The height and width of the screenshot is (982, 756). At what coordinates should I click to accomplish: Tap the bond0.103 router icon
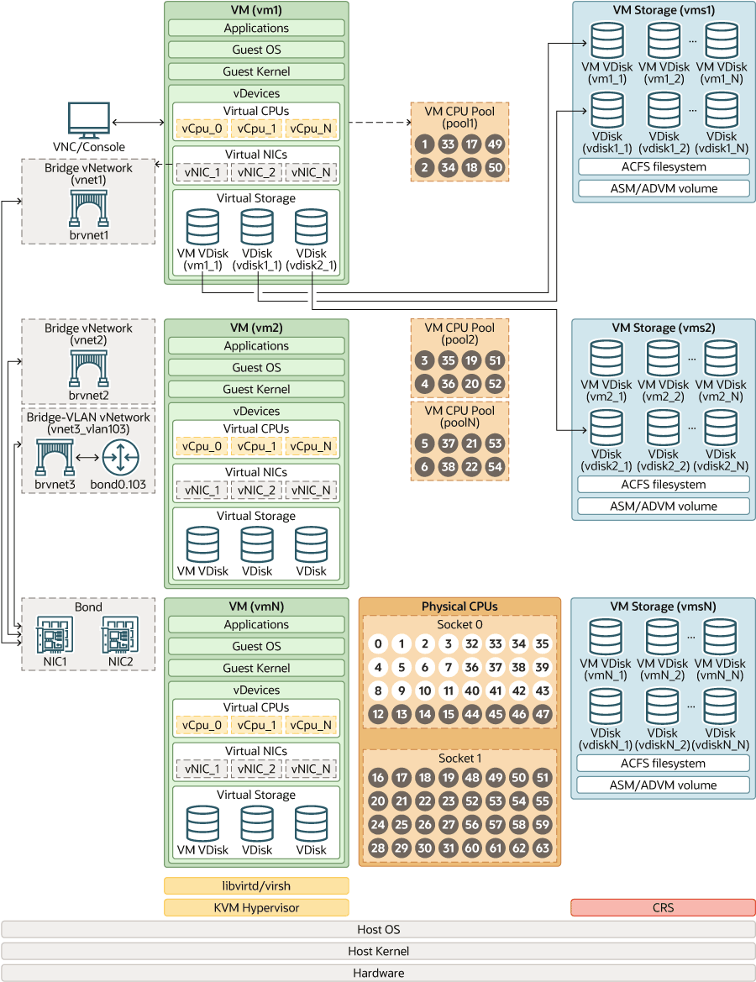point(122,458)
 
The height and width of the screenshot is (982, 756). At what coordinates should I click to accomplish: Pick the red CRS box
point(663,907)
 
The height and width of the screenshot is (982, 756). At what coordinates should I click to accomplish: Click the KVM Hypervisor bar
point(256,907)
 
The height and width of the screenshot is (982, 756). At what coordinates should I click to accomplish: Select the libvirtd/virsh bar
point(256,885)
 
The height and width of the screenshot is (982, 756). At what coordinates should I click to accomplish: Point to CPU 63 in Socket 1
point(543,848)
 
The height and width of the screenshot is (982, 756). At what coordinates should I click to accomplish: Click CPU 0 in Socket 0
point(379,644)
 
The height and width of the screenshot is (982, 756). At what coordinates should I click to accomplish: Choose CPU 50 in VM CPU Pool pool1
point(495,167)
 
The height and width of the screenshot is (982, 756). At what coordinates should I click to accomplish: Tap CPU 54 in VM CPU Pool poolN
point(495,466)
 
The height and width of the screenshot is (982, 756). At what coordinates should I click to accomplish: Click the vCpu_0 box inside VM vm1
point(202,129)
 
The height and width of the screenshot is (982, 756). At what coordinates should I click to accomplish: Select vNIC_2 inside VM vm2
point(256,490)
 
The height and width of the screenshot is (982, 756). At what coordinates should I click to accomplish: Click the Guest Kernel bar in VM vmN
point(256,668)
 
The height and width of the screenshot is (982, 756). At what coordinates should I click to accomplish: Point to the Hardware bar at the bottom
point(378,973)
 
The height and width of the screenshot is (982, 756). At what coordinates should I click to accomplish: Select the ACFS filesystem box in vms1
point(663,166)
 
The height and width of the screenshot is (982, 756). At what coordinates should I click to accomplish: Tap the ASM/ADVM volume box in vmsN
point(663,785)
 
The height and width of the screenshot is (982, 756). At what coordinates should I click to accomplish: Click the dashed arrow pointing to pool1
point(378,123)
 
